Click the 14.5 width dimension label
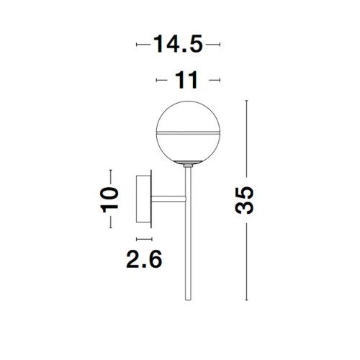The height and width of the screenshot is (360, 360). (x=178, y=44)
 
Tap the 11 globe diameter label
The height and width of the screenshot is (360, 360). (x=187, y=80)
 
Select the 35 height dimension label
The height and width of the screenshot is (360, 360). (x=244, y=200)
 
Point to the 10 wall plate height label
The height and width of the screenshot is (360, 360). (x=109, y=200)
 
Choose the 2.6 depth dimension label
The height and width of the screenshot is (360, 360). (x=144, y=259)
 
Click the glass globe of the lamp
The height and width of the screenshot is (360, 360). (x=188, y=132)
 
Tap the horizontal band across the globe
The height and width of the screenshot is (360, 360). (x=188, y=132)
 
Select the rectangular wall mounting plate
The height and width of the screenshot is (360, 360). (x=143, y=199)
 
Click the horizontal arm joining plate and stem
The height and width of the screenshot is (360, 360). (x=168, y=199)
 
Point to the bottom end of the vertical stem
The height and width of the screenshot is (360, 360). (x=189, y=300)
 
